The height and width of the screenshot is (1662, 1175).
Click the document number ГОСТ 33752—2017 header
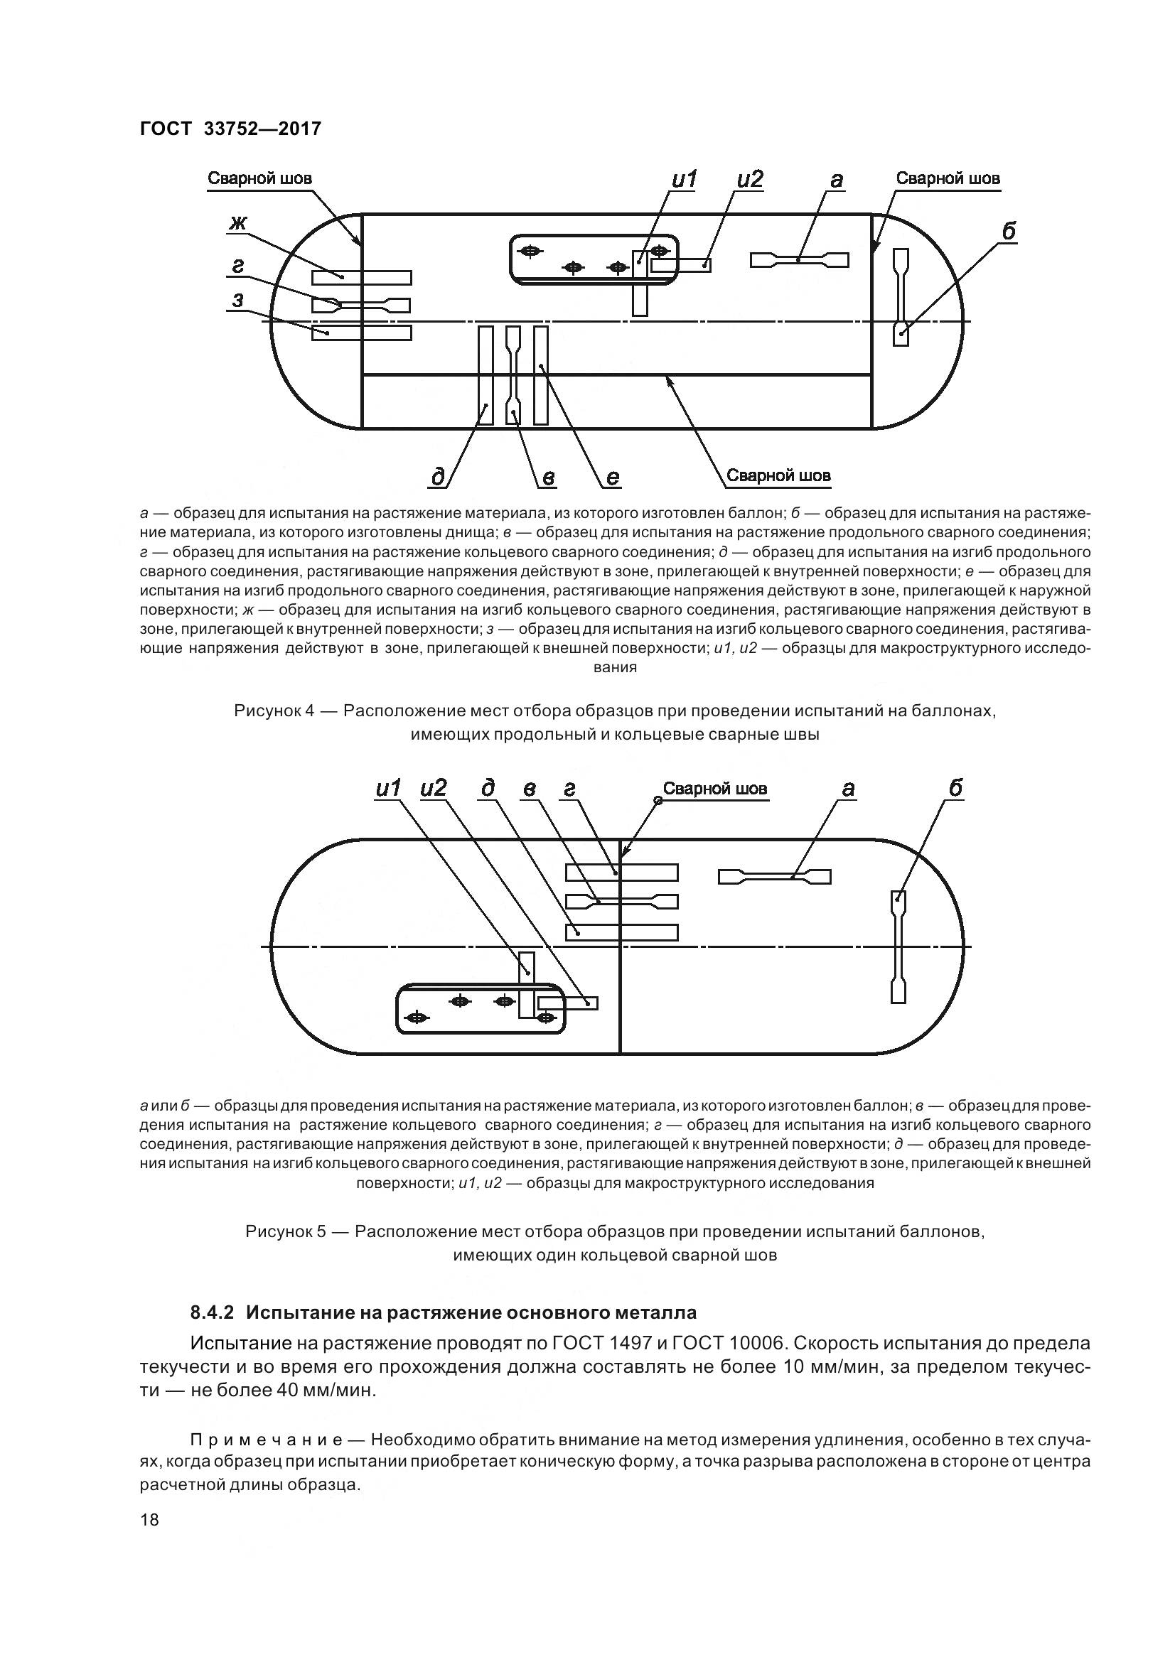tap(230, 129)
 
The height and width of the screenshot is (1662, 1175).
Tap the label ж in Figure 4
tap(237, 224)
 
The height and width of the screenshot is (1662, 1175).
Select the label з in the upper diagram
tap(237, 299)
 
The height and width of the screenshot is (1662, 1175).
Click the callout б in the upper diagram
tap(1009, 231)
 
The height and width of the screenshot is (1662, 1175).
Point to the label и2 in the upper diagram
tap(750, 180)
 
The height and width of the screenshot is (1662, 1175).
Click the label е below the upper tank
tap(612, 477)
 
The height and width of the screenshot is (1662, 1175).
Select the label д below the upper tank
tap(439, 477)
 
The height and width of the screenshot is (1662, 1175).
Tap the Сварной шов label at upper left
tap(260, 178)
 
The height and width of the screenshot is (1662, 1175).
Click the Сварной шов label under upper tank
tap(778, 475)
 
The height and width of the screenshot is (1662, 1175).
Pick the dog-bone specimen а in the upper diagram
tap(799, 260)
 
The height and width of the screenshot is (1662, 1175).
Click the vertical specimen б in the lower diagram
tap(898, 946)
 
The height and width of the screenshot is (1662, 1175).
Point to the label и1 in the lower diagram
tap(389, 789)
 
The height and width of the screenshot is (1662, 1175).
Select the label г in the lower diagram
tap(569, 789)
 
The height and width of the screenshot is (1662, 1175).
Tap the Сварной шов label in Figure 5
tap(714, 789)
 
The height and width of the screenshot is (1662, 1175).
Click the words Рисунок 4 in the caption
tap(274, 711)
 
